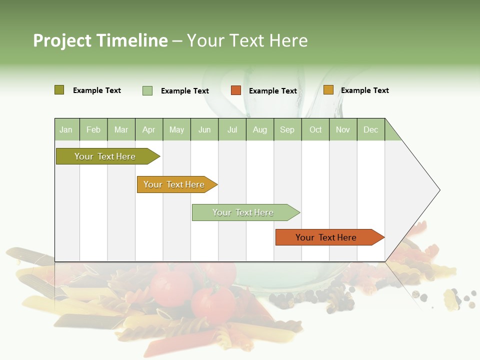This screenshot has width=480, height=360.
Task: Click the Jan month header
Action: [x=66, y=129]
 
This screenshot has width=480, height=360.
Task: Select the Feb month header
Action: [x=93, y=129]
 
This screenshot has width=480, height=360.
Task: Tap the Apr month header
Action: [x=148, y=129]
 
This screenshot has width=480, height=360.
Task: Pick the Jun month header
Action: [x=204, y=129]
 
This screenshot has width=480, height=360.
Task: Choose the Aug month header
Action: [x=259, y=129]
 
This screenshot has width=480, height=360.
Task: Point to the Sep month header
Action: [x=287, y=129]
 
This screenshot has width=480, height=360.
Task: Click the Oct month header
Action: [x=315, y=129]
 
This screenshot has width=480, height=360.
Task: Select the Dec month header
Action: [x=370, y=129]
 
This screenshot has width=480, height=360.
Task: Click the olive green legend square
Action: [x=59, y=90]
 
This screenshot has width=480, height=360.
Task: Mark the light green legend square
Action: [x=147, y=90]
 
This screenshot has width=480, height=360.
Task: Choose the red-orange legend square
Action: [x=235, y=90]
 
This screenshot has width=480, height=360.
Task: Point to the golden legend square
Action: [x=328, y=90]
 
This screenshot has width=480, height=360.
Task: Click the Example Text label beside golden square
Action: [x=364, y=90]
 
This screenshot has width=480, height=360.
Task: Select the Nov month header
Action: [x=342, y=129]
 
